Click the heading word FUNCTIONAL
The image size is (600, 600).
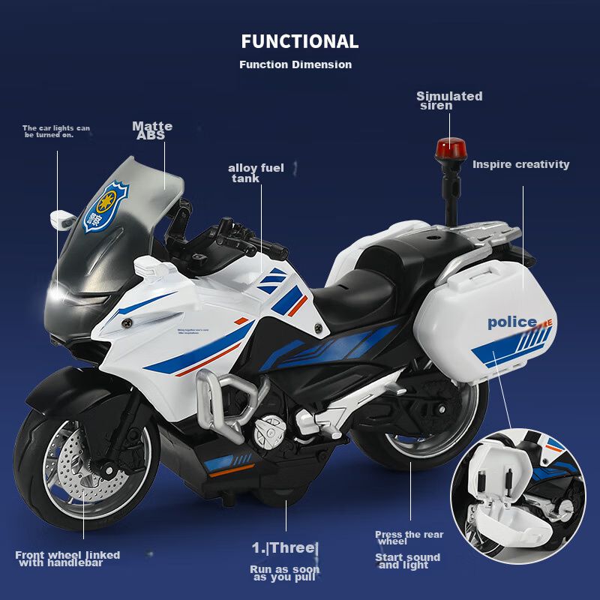(300, 41)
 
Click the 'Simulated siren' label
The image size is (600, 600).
(449, 100)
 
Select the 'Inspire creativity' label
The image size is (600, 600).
(520, 164)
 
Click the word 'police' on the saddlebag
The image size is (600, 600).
(512, 322)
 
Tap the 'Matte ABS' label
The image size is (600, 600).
(152, 130)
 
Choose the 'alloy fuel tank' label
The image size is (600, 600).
(256, 172)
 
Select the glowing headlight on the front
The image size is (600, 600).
(67, 298)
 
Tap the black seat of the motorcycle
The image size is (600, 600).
(360, 281)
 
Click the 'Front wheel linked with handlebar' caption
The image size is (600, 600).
(67, 559)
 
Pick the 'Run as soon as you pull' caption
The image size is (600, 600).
(285, 573)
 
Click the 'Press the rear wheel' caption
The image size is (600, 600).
(409, 538)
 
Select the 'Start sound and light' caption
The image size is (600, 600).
(407, 561)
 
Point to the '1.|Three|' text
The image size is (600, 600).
(285, 548)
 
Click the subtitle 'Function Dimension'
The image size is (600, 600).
(295, 64)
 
